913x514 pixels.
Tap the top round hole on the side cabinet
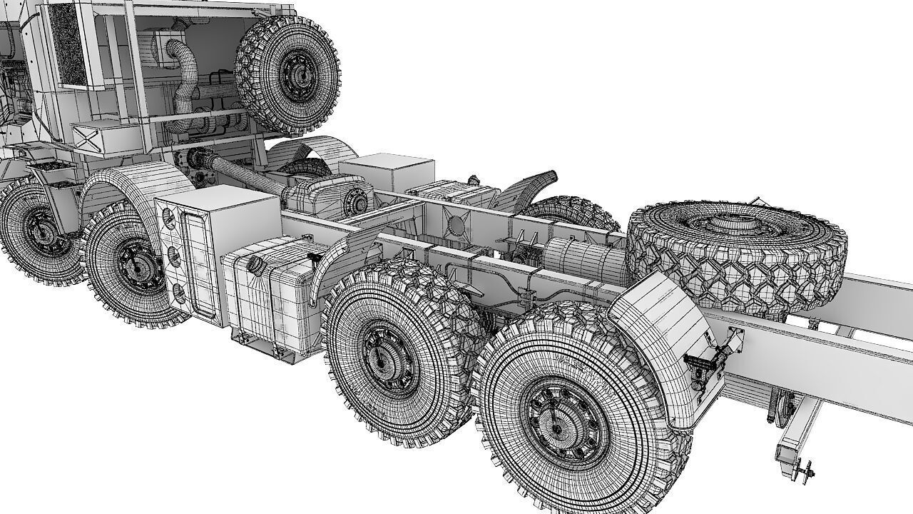coord(168,215)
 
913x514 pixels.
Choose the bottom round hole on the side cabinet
coord(179,292)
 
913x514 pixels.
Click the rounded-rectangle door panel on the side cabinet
coord(198,264)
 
